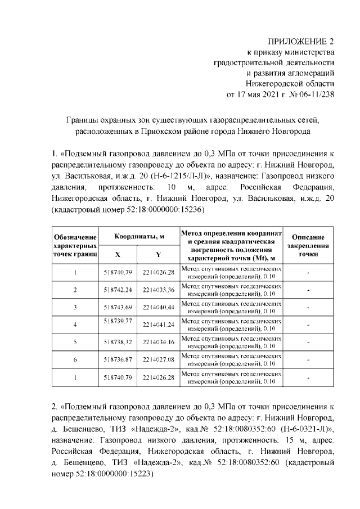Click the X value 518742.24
[118, 290]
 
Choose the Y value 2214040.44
[159, 307]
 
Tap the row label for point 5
[75, 341]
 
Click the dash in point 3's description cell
[308, 307]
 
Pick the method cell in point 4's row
[231, 325]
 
